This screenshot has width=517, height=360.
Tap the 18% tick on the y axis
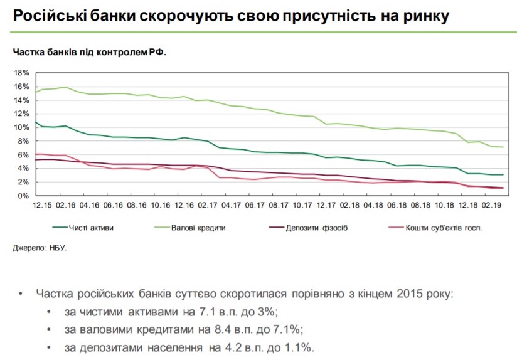[x=21, y=73]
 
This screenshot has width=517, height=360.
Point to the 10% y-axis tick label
[x=21, y=128]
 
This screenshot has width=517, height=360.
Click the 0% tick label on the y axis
[x=24, y=196]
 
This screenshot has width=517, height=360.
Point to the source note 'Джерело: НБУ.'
[x=40, y=248]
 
